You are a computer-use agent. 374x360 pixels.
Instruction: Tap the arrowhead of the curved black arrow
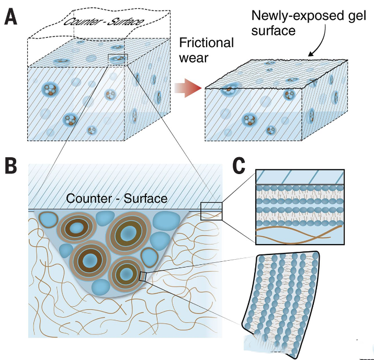(311, 54)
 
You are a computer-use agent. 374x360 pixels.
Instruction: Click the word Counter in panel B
(89, 199)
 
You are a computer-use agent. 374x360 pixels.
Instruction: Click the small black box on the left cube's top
(118, 58)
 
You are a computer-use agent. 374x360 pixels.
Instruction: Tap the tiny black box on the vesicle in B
(143, 275)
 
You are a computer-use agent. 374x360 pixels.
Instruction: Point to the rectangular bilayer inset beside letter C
(300, 206)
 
